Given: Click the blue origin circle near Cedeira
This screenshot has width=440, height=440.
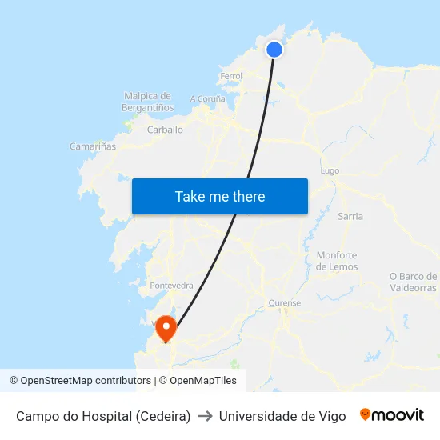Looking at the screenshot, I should click(274, 50).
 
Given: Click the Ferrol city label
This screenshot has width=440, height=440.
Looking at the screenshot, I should click(230, 77).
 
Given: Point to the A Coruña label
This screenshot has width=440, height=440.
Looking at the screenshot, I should click(207, 99).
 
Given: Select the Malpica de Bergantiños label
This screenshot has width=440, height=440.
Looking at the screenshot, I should click(148, 102).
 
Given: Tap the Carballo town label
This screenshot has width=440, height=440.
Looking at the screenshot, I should click(165, 130).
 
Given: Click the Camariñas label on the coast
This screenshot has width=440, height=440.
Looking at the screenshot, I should click(93, 146).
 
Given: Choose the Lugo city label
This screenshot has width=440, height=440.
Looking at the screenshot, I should click(330, 170).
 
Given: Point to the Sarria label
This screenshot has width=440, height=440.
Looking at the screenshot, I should click(350, 216).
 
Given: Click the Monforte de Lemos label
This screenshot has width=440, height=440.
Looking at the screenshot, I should click(337, 261).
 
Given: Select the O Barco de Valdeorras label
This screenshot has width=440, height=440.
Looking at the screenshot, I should click(413, 282).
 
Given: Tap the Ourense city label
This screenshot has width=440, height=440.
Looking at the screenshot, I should click(284, 303).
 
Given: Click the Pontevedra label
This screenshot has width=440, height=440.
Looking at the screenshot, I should click(171, 285).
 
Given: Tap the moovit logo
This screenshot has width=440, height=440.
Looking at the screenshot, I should click(392, 415).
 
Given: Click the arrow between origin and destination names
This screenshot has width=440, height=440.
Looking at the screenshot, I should click(204, 416).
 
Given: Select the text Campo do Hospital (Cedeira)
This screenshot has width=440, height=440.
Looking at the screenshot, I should click(103, 416).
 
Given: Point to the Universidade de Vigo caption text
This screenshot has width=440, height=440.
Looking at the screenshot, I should click(282, 416).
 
